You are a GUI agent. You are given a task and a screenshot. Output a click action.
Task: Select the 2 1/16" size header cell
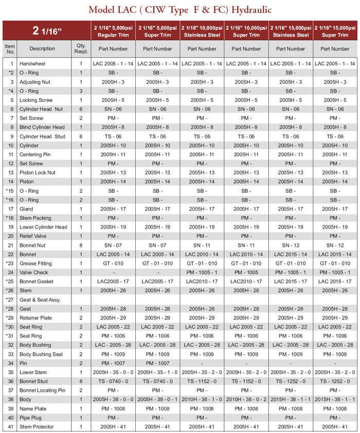pyautogui.click(x=46, y=30)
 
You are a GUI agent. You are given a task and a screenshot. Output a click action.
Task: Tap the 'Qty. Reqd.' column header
pyautogui.click(x=81, y=49)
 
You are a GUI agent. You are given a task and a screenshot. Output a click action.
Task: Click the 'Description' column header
pyautogui.click(x=42, y=49)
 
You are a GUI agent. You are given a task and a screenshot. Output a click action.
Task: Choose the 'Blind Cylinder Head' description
pyautogui.click(x=42, y=127)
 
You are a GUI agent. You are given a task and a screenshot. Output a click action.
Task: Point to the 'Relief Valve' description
pyautogui.click(x=34, y=236)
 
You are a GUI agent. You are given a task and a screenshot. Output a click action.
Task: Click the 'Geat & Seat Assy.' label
pyautogui.click(x=40, y=300)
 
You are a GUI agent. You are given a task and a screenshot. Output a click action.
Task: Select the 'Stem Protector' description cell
pyautogui.click(x=38, y=426)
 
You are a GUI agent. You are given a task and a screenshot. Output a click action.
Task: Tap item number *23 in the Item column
pyautogui.click(x=10, y=263)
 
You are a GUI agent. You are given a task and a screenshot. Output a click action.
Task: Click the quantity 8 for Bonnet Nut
pyautogui.click(x=81, y=245)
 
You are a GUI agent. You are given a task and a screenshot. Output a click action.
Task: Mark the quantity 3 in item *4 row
pyautogui.click(x=81, y=91)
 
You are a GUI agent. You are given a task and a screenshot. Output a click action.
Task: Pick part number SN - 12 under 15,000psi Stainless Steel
pyautogui.click(x=291, y=245)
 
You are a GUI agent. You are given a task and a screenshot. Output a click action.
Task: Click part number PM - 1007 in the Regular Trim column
pyautogui.click(x=113, y=363)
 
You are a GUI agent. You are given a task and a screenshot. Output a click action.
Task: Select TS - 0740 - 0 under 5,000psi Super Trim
pyautogui.click(x=157, y=381)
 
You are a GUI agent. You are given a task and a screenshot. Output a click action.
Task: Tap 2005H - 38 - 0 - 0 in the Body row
pyautogui.click(x=113, y=399)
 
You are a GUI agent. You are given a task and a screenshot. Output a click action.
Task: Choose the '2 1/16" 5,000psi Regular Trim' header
pyautogui.click(x=113, y=30)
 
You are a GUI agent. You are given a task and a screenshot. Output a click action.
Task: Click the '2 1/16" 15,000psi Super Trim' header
pyautogui.click(x=335, y=30)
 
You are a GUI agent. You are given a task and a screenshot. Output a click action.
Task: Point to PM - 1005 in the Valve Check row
pyautogui.click(x=246, y=273)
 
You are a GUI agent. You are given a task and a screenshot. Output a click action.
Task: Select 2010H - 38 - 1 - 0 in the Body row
pyautogui.click(x=202, y=399)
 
